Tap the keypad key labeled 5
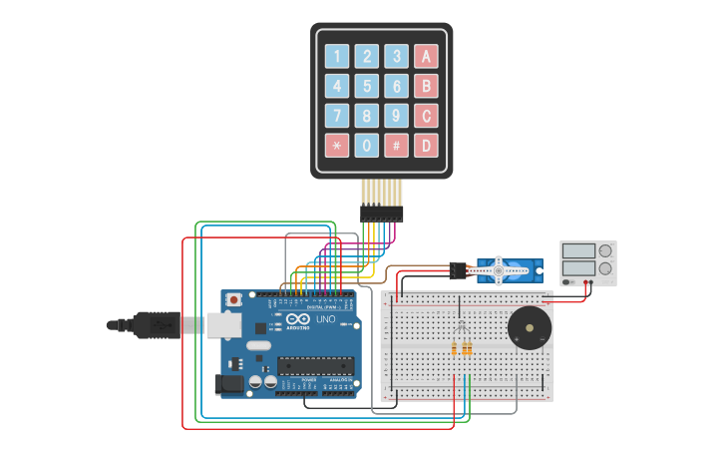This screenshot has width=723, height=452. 368,86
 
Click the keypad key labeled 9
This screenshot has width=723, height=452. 397,115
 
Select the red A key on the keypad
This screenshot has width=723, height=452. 427,57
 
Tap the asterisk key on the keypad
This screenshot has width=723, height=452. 338,145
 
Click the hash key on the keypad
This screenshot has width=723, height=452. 397,145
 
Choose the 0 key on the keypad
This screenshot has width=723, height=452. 368,145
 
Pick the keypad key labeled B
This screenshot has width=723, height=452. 427,86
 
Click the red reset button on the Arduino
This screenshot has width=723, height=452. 233,299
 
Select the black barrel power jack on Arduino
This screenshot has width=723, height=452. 229,383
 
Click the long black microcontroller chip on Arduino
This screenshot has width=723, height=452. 315,367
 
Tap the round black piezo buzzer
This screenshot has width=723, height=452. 529,328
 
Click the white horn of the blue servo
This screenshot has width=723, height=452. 502,267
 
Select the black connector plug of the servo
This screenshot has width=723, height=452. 458,269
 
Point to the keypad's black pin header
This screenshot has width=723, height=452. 382,213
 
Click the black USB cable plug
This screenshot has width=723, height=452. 150,324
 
